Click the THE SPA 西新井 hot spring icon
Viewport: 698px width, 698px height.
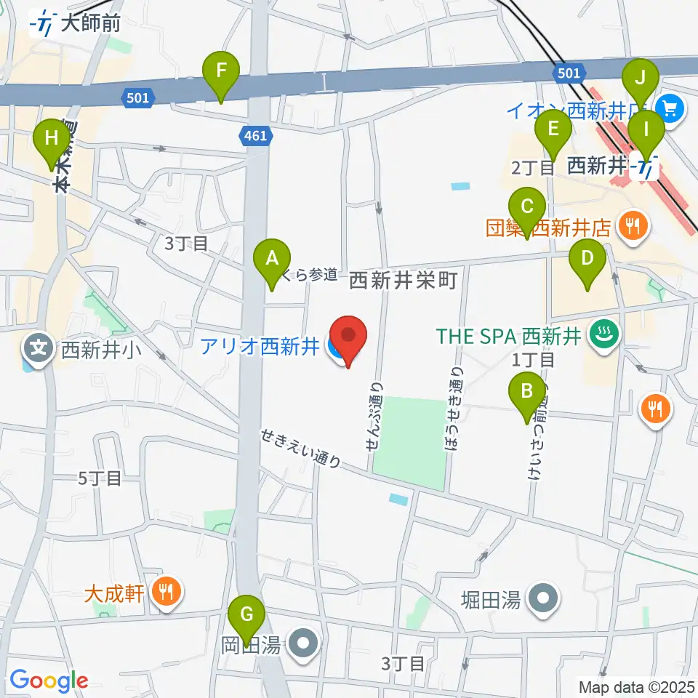pyautogui.click(x=605, y=336)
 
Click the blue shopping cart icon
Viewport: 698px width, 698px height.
pyautogui.click(x=669, y=110)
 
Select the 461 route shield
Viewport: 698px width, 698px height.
pyautogui.click(x=256, y=135)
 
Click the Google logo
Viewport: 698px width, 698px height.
pyautogui.click(x=49, y=681)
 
